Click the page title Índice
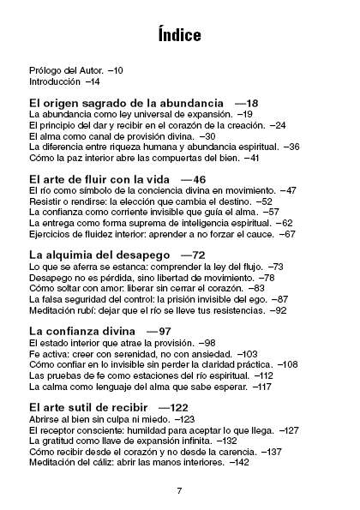[179, 35]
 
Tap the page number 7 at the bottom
[179, 490]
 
